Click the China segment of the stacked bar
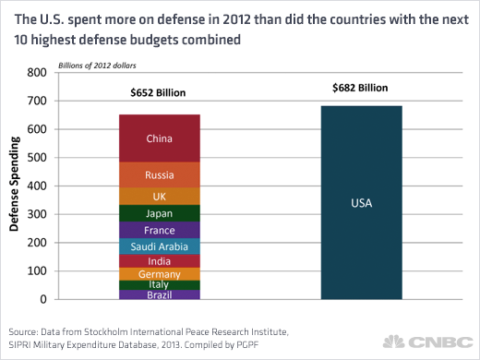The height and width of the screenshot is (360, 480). pyautogui.click(x=160, y=138)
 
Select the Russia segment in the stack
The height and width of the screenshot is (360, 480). pyautogui.click(x=160, y=174)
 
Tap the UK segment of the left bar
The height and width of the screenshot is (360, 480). pyautogui.click(x=160, y=196)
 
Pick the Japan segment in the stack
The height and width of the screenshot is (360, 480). pyautogui.click(x=160, y=213)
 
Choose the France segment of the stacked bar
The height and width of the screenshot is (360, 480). pyautogui.click(x=160, y=230)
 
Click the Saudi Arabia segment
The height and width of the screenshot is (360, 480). pyautogui.click(x=160, y=246)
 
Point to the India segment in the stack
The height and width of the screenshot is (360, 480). pyautogui.click(x=160, y=261)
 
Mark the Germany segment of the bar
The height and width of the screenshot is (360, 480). pyautogui.click(x=160, y=274)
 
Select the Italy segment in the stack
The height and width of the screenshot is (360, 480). pyautogui.click(x=160, y=285)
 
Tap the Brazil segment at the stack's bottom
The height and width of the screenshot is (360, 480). pyautogui.click(x=160, y=294)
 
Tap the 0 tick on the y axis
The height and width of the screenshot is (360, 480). pyautogui.click(x=42, y=300)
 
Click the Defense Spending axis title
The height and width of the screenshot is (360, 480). pyautogui.click(x=15, y=186)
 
